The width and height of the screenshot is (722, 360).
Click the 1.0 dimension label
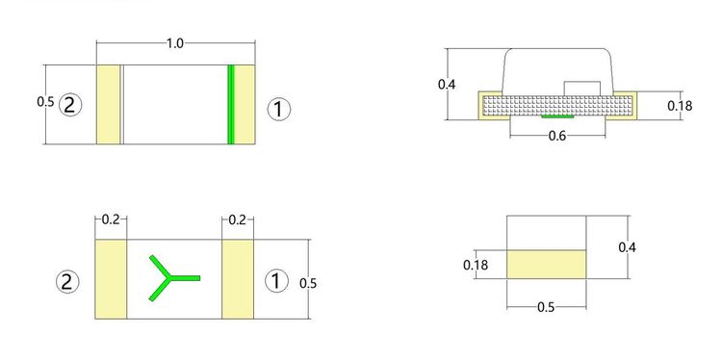pos(174,43)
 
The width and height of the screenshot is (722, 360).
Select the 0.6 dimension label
pos(557,137)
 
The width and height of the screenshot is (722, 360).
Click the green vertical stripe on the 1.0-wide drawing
pos(231,105)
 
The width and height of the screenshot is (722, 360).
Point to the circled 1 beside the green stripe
pos(279,110)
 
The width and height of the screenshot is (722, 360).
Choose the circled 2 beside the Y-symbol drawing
pos(67,282)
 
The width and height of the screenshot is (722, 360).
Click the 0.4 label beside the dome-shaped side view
pos(447,85)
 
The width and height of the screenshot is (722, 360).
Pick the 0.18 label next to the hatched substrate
pos(680,106)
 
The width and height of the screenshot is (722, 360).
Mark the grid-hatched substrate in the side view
pos(557,106)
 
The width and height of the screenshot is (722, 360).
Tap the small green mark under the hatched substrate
pos(557,116)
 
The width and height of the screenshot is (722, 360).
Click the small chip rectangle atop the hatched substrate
pos(582,89)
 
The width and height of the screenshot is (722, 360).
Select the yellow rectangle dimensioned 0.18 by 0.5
pos(546,265)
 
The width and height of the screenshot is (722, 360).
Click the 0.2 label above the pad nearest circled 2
pos(111,220)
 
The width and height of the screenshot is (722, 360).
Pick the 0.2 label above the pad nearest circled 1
pos(237,220)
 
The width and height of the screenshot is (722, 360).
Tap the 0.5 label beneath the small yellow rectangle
pos(546,307)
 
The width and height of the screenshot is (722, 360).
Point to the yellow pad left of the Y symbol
pos(111,279)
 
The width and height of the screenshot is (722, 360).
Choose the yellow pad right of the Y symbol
pos(238,279)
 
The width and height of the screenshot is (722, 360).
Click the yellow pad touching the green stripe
pos(245,105)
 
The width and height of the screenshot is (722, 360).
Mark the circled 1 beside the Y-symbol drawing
pos(276,281)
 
